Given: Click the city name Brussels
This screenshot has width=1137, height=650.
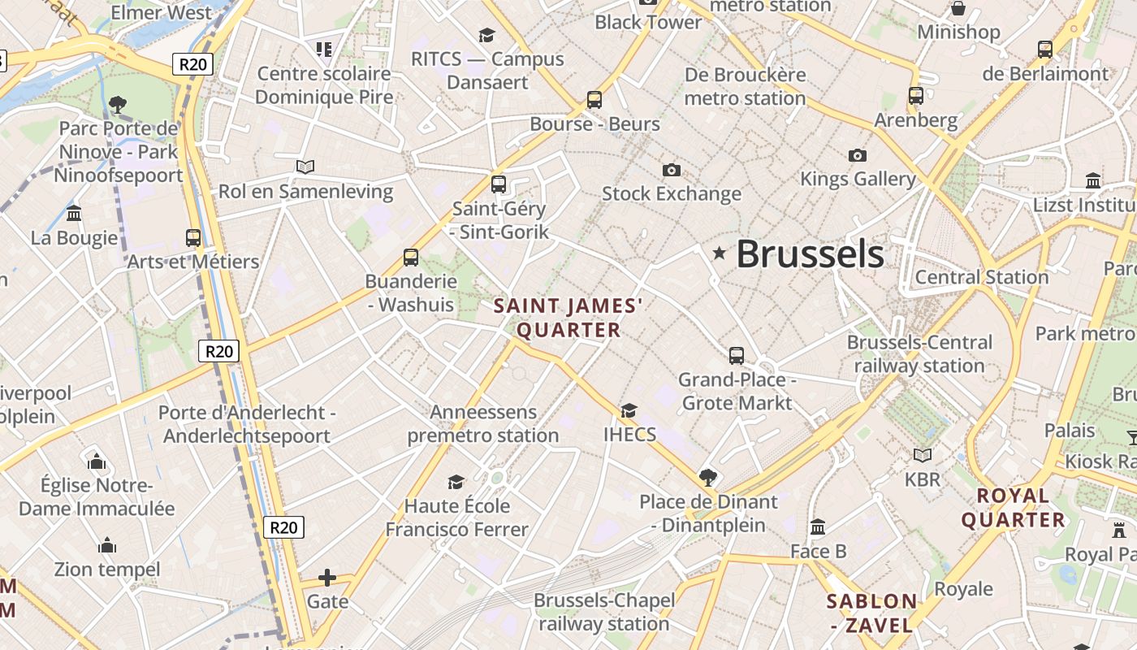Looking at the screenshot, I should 810,253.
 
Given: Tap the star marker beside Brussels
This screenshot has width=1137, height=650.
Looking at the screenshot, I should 719,253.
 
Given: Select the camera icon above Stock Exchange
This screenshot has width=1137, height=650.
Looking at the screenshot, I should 671,170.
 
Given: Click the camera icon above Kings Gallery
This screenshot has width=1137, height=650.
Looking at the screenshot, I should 857,155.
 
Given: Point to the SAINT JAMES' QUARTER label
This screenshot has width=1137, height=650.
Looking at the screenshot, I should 568,318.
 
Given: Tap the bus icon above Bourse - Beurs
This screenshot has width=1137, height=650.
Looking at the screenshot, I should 594,100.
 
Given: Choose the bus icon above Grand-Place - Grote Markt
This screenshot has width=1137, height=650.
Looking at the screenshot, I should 736,355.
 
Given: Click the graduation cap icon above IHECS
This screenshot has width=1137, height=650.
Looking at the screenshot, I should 629,410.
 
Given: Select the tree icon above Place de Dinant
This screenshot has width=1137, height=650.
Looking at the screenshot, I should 708,477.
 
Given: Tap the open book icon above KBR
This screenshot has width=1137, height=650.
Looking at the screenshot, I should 922,455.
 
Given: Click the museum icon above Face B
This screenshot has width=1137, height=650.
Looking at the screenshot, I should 818,526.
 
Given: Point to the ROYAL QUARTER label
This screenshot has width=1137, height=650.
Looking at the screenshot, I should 1013,508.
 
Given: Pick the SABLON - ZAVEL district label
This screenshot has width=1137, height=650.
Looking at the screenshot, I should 871,613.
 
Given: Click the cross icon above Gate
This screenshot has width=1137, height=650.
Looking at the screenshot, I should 327,578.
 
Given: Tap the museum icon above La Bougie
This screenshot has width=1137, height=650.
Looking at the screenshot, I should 74,214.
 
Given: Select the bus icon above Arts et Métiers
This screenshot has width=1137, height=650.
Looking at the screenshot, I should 192,237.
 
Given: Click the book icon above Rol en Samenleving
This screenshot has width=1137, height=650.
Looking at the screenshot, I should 305,167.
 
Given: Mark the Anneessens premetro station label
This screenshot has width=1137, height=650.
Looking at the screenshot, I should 483,423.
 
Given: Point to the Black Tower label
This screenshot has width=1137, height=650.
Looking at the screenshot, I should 648,22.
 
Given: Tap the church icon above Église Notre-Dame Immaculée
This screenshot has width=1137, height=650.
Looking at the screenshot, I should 97,461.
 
